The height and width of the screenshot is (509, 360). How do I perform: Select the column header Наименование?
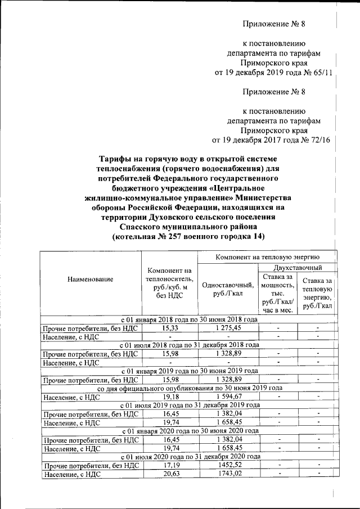click(x=90, y=279)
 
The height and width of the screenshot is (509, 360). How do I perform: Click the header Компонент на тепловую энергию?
click(x=267, y=256)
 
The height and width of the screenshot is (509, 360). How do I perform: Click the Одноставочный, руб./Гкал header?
click(x=228, y=289)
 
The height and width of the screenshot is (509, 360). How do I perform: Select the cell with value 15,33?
click(x=170, y=327)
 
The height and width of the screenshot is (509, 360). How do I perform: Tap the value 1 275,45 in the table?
click(x=228, y=327)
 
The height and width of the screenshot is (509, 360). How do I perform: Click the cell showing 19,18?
click(x=170, y=397)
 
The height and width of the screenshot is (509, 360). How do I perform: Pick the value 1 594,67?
click(x=228, y=397)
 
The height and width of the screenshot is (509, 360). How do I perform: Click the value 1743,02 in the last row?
click(x=228, y=475)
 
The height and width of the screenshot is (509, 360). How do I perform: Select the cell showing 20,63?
click(x=170, y=475)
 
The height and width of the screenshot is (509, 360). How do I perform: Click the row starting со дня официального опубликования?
click(x=190, y=389)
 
